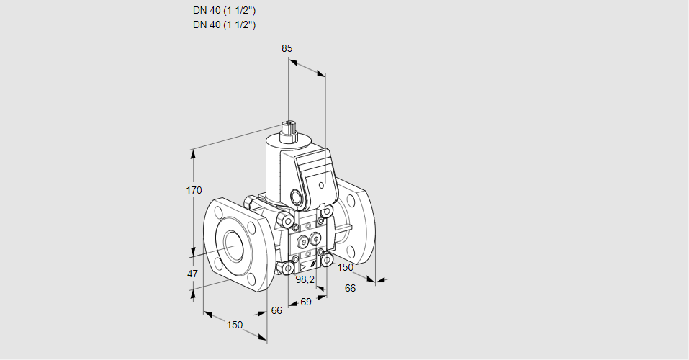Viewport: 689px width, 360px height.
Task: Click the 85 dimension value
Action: [287, 48]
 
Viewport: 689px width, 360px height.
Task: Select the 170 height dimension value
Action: [194, 190]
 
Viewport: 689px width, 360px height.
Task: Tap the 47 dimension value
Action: [192, 274]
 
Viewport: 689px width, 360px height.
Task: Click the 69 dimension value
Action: [305, 302]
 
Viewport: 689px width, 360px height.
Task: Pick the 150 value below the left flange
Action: [235, 325]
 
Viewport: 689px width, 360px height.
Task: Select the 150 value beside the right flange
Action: [346, 268]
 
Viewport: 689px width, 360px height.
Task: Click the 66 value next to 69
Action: [276, 310]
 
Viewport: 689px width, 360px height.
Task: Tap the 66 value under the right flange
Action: [351, 288]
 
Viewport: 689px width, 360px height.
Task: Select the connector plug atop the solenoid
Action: [292, 130]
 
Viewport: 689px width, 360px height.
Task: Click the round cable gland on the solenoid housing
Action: [297, 196]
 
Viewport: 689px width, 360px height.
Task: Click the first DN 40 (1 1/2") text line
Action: [225, 11]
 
